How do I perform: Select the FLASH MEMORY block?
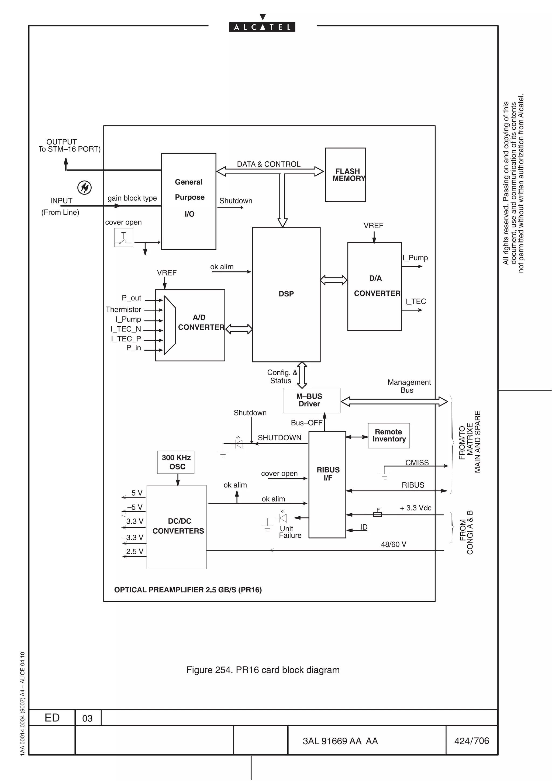click(345, 175)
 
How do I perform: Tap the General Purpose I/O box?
click(188, 201)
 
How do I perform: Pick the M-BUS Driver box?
click(311, 400)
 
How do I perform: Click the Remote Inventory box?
click(389, 436)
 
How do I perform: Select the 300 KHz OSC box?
click(176, 462)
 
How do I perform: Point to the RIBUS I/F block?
click(327, 484)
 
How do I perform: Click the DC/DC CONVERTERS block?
click(177, 527)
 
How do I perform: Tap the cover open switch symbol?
click(123, 237)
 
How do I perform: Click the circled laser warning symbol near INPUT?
click(84, 187)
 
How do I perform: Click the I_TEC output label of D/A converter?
click(415, 301)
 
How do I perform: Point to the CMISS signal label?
click(417, 463)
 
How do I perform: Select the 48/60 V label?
click(394, 544)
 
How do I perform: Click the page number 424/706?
click(471, 741)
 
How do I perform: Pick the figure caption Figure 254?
click(263, 670)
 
